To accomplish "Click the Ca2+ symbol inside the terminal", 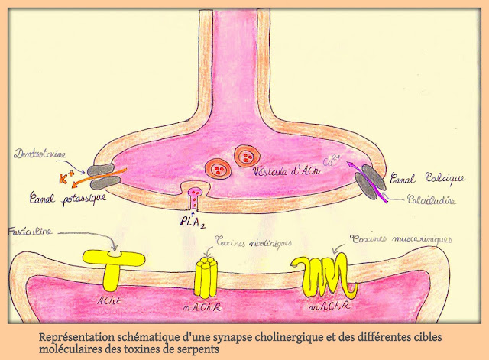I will (334, 161).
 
